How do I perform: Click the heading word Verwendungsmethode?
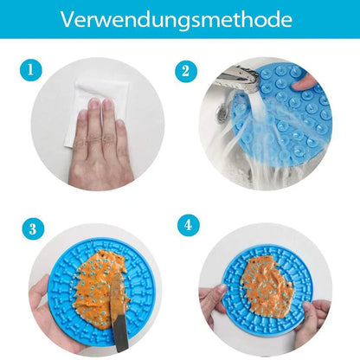177,20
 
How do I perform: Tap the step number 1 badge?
31,70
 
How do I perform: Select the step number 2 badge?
186,71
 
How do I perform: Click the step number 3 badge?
33,228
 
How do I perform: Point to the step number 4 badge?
189,225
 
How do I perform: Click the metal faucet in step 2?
237,79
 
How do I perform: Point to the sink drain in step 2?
222,113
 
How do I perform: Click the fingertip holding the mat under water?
302,81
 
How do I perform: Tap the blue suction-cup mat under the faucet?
286,115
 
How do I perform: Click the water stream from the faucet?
260,130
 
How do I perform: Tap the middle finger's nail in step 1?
107,104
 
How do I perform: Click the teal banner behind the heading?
180,19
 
